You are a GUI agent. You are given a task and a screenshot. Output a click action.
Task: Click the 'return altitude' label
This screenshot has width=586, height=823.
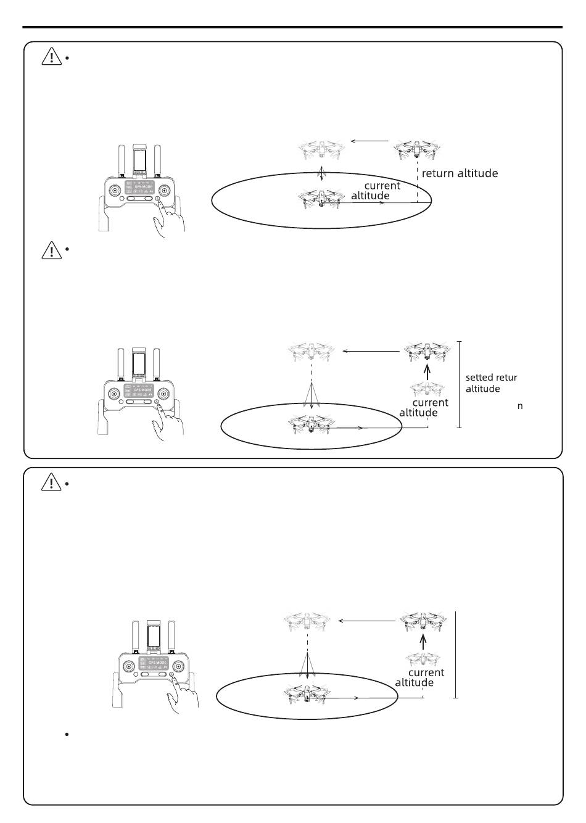point(460,173)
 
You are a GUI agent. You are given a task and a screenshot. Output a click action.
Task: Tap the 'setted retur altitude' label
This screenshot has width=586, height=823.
point(491,383)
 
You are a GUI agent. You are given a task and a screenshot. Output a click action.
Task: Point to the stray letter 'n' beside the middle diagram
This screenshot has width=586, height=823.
point(520,406)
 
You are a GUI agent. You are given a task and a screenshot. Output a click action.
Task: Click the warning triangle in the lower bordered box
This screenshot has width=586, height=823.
point(51,483)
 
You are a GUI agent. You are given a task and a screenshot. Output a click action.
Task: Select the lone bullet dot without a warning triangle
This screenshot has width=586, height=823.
point(65,735)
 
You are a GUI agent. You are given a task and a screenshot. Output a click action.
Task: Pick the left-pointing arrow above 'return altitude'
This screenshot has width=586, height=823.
point(369,141)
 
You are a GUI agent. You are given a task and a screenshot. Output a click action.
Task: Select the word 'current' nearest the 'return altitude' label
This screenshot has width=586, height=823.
point(382,186)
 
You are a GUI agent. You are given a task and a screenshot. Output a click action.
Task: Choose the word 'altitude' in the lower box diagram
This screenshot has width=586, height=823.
point(414,682)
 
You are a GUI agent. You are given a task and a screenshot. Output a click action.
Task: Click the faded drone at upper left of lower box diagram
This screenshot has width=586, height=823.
point(307,621)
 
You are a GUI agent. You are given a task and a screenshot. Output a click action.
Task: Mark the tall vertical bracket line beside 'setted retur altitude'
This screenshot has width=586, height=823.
point(460,384)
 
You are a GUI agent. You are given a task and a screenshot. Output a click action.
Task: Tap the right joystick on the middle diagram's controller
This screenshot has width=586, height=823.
point(163,393)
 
